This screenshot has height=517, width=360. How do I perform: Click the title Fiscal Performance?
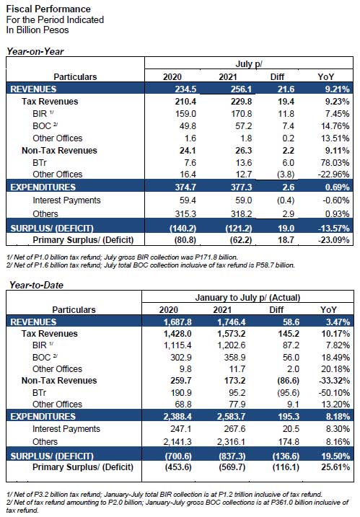point(48,9)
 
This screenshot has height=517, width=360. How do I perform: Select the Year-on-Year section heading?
point(35,51)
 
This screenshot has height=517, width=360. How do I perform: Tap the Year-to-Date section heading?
point(36,285)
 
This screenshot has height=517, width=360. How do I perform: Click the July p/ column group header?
point(249,63)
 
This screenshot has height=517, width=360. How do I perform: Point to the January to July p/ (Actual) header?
point(247,297)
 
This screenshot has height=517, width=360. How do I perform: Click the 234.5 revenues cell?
point(185,89)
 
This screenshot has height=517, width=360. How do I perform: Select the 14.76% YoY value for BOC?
point(335,126)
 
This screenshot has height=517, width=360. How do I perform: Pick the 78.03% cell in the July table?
point(335,162)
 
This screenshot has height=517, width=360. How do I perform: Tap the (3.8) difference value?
point(286,174)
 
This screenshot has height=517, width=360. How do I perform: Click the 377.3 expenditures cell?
point(241,187)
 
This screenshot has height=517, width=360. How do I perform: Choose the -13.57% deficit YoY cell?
point(333,228)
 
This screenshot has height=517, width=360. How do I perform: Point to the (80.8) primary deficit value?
point(185,239)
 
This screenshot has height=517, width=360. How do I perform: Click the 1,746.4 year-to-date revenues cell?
point(232,322)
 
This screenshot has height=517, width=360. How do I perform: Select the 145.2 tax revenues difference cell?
point(289,333)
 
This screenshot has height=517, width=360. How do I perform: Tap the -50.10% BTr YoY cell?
point(334,393)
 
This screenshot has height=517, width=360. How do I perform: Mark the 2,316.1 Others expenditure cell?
point(232,441)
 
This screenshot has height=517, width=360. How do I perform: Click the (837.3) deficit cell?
point(232,456)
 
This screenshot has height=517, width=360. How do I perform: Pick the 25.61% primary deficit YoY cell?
point(335,467)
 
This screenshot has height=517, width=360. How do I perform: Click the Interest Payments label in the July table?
point(66,200)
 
